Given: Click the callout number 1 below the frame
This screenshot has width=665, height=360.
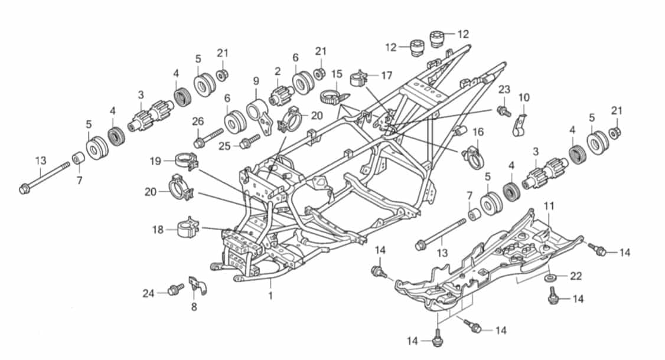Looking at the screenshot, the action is [x=270, y=295].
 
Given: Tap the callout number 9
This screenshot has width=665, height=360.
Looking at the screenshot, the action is [x=256, y=81].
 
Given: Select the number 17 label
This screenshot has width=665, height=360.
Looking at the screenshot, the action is [x=387, y=76].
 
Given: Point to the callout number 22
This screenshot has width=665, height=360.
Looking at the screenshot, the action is [x=575, y=276].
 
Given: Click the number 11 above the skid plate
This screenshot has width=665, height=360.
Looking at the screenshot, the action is [x=549, y=206].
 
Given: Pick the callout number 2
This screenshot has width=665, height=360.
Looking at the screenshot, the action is [x=278, y=71].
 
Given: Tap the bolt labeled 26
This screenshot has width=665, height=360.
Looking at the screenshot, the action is [x=208, y=138].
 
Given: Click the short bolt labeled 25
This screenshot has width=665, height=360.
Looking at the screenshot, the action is [x=249, y=141].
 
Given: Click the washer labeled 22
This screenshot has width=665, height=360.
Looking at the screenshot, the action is [x=550, y=277].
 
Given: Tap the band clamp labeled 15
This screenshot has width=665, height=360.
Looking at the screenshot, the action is [x=335, y=97].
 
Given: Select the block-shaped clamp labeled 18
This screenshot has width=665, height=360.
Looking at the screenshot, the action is [x=188, y=228].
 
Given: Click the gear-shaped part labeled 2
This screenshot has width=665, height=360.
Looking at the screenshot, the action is [x=281, y=94].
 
